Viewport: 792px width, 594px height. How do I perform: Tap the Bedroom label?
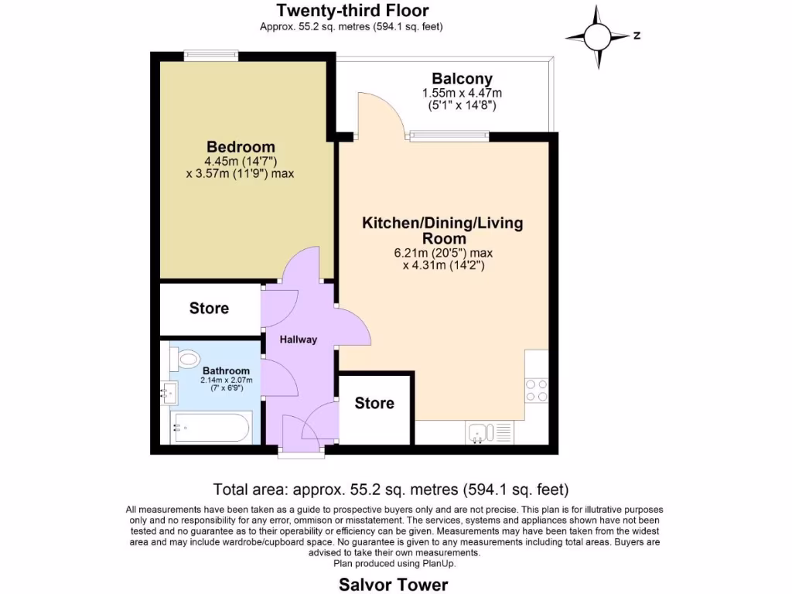click(x=241, y=147)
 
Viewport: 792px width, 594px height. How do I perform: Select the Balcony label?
click(x=462, y=79)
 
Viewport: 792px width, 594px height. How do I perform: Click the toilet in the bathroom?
click(x=186, y=359)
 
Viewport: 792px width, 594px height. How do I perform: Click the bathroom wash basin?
click(x=170, y=393)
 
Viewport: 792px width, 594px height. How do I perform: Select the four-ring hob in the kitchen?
click(x=536, y=389)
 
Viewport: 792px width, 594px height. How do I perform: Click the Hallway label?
click(x=299, y=340)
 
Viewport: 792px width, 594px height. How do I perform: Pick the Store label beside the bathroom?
click(x=209, y=309)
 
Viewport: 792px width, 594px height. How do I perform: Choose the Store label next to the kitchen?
click(x=374, y=403)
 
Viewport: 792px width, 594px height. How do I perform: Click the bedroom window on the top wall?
click(x=211, y=56)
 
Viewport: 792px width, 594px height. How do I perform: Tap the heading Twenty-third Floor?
click(x=352, y=10)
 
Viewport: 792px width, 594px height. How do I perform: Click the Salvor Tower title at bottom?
click(x=393, y=584)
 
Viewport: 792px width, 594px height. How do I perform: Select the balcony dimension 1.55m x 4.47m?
click(x=462, y=93)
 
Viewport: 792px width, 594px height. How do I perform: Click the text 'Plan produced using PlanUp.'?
click(x=394, y=563)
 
